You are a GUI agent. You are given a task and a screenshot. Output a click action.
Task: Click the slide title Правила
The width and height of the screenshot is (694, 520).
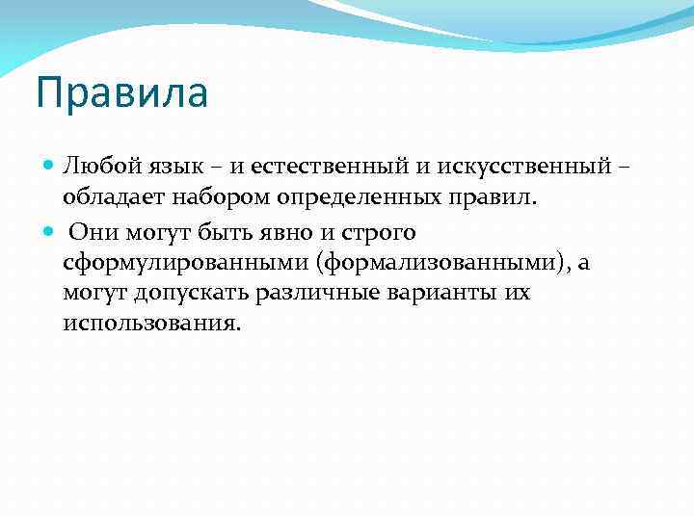point(121,95)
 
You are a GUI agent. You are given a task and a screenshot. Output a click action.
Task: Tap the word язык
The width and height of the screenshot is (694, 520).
point(169,168)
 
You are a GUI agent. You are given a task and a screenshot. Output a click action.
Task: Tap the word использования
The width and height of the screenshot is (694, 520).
point(148,323)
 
